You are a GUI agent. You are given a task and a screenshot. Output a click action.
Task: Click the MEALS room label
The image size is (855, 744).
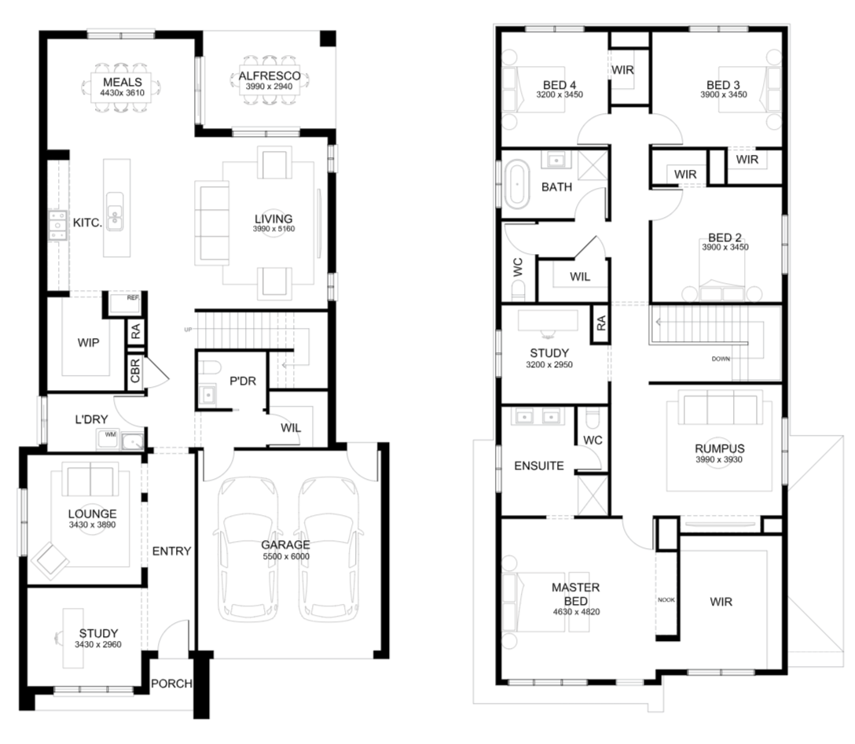click(122, 82)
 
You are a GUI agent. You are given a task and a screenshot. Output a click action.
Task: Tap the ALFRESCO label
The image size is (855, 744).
click(270, 76)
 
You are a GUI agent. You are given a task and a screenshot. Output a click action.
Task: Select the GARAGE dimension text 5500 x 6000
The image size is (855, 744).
click(286, 556)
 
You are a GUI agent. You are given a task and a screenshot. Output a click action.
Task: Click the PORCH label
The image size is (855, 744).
click(171, 683)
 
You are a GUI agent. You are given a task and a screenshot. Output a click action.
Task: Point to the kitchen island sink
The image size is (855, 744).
click(115, 211)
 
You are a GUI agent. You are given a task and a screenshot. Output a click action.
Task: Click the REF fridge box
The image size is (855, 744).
click(125, 304)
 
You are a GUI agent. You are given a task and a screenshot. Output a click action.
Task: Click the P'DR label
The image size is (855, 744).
click(243, 381)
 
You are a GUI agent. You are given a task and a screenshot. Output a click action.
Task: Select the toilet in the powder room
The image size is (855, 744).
click(208, 366)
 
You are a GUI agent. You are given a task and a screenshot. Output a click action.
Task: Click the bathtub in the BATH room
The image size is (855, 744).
click(516, 184)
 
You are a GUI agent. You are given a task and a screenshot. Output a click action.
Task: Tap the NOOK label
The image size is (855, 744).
click(666, 599)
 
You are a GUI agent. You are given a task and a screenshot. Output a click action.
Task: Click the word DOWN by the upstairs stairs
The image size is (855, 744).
click(721, 359)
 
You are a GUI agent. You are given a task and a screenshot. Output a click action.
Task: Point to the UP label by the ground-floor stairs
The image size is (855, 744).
click(188, 330)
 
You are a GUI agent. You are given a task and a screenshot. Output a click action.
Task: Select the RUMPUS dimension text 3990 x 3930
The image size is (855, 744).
click(719, 459)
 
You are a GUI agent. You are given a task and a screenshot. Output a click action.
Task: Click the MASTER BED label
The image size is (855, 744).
click(576, 594)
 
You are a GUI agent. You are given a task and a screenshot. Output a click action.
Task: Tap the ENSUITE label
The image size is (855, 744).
click(539, 466)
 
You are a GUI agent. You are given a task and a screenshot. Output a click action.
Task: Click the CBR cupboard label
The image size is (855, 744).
click(135, 370)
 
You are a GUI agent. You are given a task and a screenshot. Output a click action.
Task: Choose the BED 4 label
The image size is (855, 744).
click(560, 85)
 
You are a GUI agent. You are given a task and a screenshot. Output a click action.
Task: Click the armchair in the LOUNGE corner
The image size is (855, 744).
click(50, 561)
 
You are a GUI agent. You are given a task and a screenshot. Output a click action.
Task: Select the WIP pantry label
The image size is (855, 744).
click(88, 342)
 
